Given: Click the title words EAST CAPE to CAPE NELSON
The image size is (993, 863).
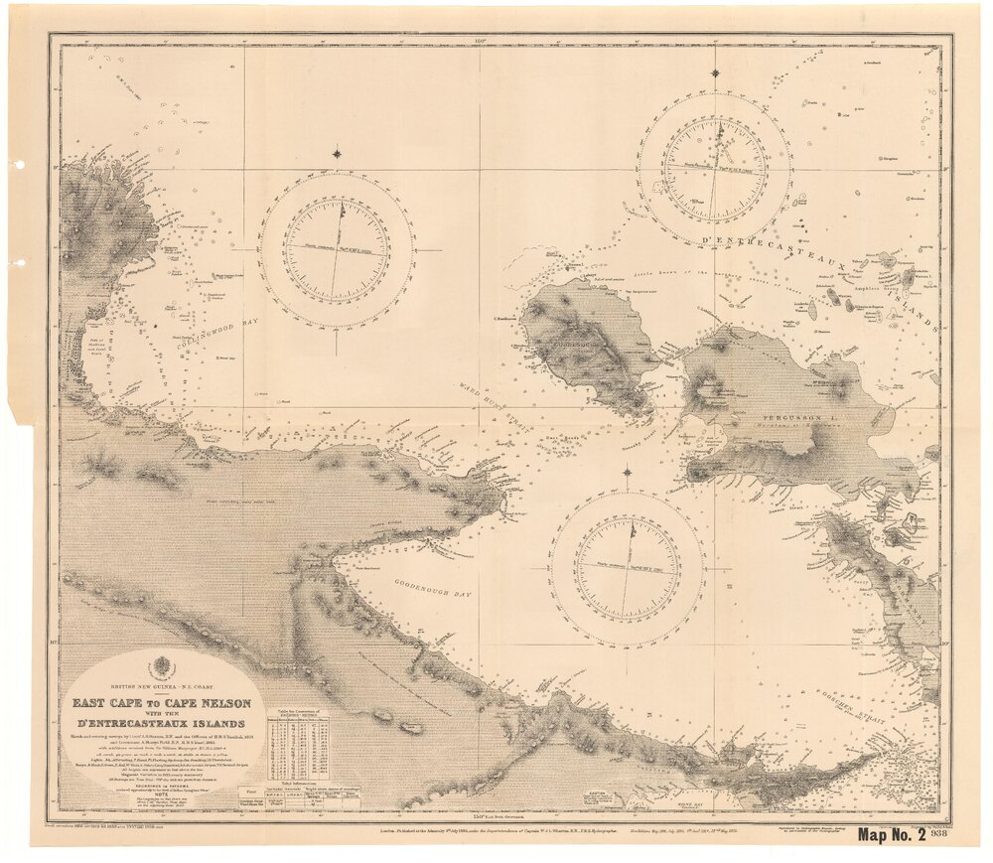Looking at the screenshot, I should pyautogui.click(x=160, y=703).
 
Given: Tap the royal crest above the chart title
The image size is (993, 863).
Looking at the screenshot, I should pyautogui.click(x=160, y=667).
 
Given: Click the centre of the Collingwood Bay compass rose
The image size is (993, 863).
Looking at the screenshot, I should pyautogui.click(x=337, y=249).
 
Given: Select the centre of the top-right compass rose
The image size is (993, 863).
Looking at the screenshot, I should pyautogui.click(x=715, y=169).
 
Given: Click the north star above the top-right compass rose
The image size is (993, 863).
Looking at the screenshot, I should pyautogui.click(x=715, y=72).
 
